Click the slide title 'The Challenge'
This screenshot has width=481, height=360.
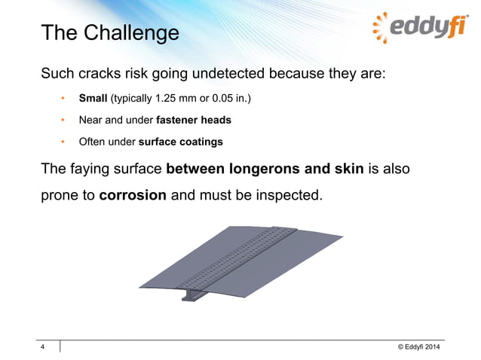(109, 33)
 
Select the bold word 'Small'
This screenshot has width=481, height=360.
(93, 99)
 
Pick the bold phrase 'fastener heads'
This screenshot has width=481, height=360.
(193, 120)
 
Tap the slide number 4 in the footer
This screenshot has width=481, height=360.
(43, 346)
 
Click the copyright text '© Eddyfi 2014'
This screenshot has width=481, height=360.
(414, 346)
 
